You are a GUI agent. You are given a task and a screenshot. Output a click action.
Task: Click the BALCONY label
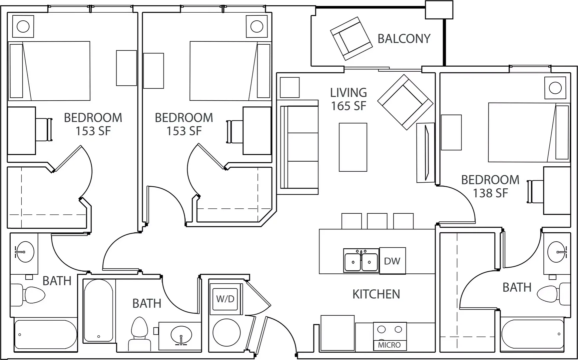point(404,39)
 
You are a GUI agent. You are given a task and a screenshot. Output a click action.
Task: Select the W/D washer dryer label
point(226,299)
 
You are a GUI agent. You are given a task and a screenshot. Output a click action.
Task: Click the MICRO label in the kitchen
point(389,345)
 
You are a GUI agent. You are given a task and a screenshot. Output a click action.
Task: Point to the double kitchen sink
point(361,261)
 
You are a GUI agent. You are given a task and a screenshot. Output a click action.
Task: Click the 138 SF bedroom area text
point(490,193)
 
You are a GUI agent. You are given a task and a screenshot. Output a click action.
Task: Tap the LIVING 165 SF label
point(348,99)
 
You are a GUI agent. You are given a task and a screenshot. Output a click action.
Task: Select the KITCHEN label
point(376,294)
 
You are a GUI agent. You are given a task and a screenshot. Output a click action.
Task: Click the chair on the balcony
point(351,38)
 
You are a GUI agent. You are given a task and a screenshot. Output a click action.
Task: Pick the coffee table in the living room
point(353,147)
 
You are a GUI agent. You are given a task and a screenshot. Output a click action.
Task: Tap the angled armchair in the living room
point(405,102)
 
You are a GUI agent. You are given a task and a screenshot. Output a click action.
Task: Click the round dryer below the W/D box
point(227,332)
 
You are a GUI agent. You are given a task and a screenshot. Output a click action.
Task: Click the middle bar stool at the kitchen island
point(377,221)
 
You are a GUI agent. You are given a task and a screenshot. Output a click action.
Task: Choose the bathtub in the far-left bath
point(45,334)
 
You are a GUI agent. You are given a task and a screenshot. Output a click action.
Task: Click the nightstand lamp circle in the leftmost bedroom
point(23,26)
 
